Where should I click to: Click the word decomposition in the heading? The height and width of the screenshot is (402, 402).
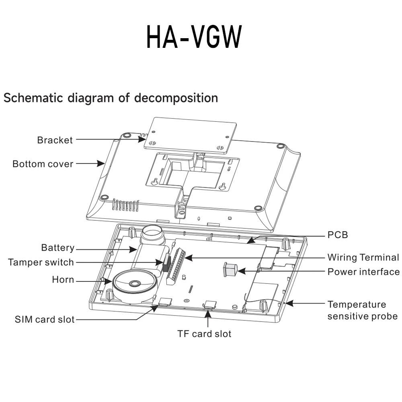coord(176,98)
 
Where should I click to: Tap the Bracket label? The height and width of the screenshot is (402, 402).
coord(55,140)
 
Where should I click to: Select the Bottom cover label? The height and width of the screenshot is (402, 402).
coord(43,164)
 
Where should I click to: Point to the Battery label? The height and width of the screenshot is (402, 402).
coord(57,248)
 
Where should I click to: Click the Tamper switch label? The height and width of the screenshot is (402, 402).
coord(41,263)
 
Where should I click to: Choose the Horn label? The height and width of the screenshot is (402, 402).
coord(63,279)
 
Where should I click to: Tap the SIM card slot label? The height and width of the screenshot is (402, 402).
coord(45,320)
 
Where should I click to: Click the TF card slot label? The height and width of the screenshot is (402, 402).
coord(204,333)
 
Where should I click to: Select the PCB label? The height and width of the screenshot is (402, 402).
coord(338,235)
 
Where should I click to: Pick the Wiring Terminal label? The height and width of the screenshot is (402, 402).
coord(363,257)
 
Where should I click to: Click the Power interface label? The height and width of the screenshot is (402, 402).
coord(363,272)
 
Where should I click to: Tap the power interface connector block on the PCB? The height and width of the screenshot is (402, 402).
coord(230,269)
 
